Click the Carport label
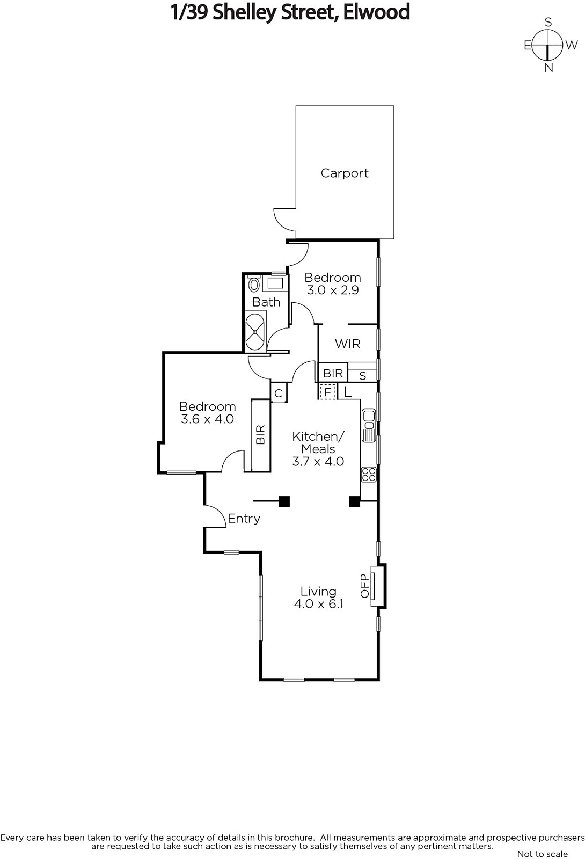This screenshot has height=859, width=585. coord(344,173)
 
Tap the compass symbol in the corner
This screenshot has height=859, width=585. coord(549,45)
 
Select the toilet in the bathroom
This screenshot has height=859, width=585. coord(253,285)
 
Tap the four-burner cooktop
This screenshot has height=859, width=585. coord(369,474)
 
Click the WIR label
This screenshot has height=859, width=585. coord(348,344)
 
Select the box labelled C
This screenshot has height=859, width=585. coord(279,392)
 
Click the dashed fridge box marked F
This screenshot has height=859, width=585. coord(328,392)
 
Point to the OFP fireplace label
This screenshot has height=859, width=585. coord(364,586)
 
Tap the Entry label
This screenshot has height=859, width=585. coord(244,519)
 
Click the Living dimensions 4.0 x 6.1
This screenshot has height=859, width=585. coord(319,604)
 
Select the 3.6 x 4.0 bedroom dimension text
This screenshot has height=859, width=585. coord(207,419)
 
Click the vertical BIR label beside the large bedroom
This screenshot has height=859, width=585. coord(261,434)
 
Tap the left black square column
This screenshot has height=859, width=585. coord(284,501)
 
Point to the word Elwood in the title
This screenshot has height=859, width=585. coord(376,12)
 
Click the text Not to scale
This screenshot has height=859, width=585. coord(542,854)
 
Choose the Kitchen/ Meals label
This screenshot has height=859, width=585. coord(318,442)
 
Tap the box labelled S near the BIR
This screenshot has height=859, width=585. coord(363,376)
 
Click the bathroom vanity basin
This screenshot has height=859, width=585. coord(275,283)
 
